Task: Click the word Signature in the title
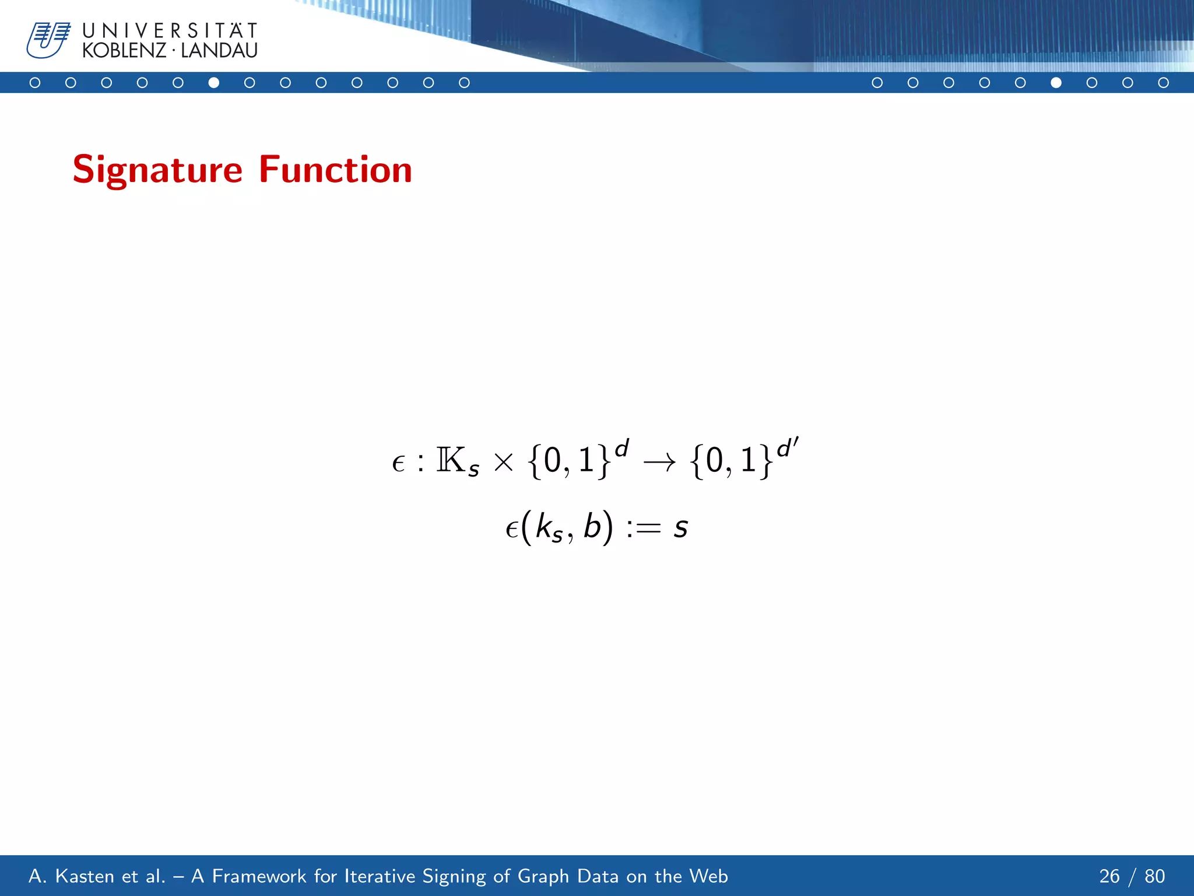pyautogui.click(x=157, y=170)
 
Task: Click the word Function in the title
pyautogui.click(x=335, y=170)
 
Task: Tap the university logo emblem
pyautogui.click(x=48, y=40)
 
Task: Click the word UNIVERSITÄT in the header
pyautogui.click(x=170, y=30)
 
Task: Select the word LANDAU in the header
pyautogui.click(x=219, y=51)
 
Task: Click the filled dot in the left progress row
pyautogui.click(x=214, y=83)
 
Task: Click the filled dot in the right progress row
pyautogui.click(x=1056, y=83)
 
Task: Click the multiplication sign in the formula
pyautogui.click(x=503, y=463)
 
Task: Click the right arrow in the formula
pyautogui.click(x=659, y=463)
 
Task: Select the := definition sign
pyautogui.click(x=644, y=528)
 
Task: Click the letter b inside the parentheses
pyautogui.click(x=592, y=526)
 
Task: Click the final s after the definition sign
pyautogui.click(x=680, y=528)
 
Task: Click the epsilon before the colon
pyautogui.click(x=398, y=464)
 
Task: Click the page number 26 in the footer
pyautogui.click(x=1109, y=876)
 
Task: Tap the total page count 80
pyautogui.click(x=1154, y=876)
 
